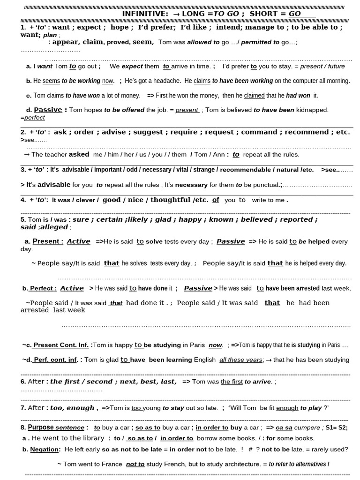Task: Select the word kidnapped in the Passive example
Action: [x=312, y=110]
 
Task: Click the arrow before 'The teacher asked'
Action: [x=26, y=155]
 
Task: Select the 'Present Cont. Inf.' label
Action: [x=60, y=345]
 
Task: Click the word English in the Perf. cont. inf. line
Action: [x=205, y=360]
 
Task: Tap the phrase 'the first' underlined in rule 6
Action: [x=232, y=382]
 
